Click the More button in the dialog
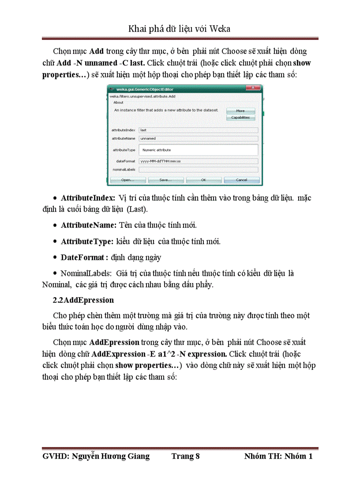240,111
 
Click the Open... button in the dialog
127,180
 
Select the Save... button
165,180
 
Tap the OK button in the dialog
203,180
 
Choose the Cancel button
241,180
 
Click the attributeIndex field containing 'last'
198,130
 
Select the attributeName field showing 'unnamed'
198,138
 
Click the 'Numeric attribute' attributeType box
198,150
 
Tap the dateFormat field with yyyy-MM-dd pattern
198,162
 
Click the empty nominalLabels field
198,169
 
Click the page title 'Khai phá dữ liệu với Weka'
180,29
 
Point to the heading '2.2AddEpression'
83,300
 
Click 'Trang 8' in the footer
186,456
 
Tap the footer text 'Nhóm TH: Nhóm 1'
278,456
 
